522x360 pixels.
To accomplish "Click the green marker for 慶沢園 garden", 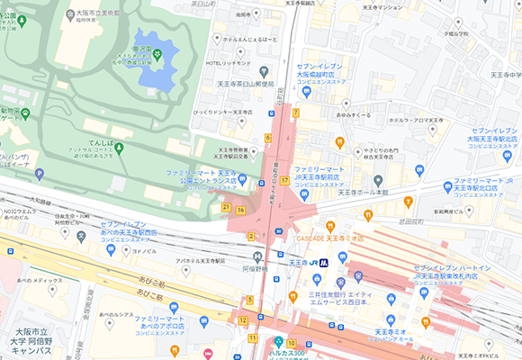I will point(157,55).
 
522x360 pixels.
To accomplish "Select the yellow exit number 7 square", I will point(294,112).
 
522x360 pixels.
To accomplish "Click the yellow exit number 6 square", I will point(267,138).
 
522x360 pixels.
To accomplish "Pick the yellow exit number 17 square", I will point(284,180).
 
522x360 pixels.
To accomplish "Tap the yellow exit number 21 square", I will point(226,207).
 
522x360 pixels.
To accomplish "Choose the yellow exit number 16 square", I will point(240,210).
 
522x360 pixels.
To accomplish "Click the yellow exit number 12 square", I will point(242,319).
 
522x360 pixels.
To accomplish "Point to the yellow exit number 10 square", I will point(291,343).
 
